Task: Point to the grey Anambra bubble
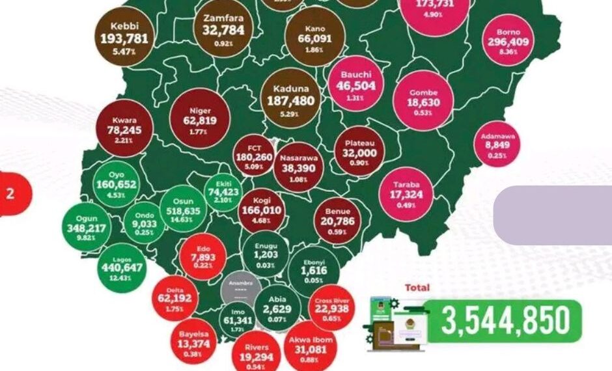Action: tap(241, 290)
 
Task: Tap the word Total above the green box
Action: tap(417, 287)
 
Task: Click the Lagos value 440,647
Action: tap(121, 268)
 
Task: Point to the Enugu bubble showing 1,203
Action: tap(266, 255)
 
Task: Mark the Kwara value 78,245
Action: tap(124, 130)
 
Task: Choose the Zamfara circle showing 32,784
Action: tap(223, 29)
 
